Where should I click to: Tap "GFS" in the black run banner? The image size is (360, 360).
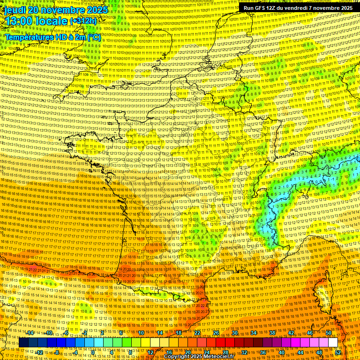pos(260,8)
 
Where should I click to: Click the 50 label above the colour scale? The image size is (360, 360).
pos(329,333)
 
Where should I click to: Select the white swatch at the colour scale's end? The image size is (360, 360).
pos(333,343)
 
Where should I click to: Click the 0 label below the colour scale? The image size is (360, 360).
pos(93,352)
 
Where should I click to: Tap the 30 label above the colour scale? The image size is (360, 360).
pos(235,333)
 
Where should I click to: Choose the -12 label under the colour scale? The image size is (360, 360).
pos(39,352)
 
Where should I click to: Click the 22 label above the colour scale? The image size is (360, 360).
pos(197,333)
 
